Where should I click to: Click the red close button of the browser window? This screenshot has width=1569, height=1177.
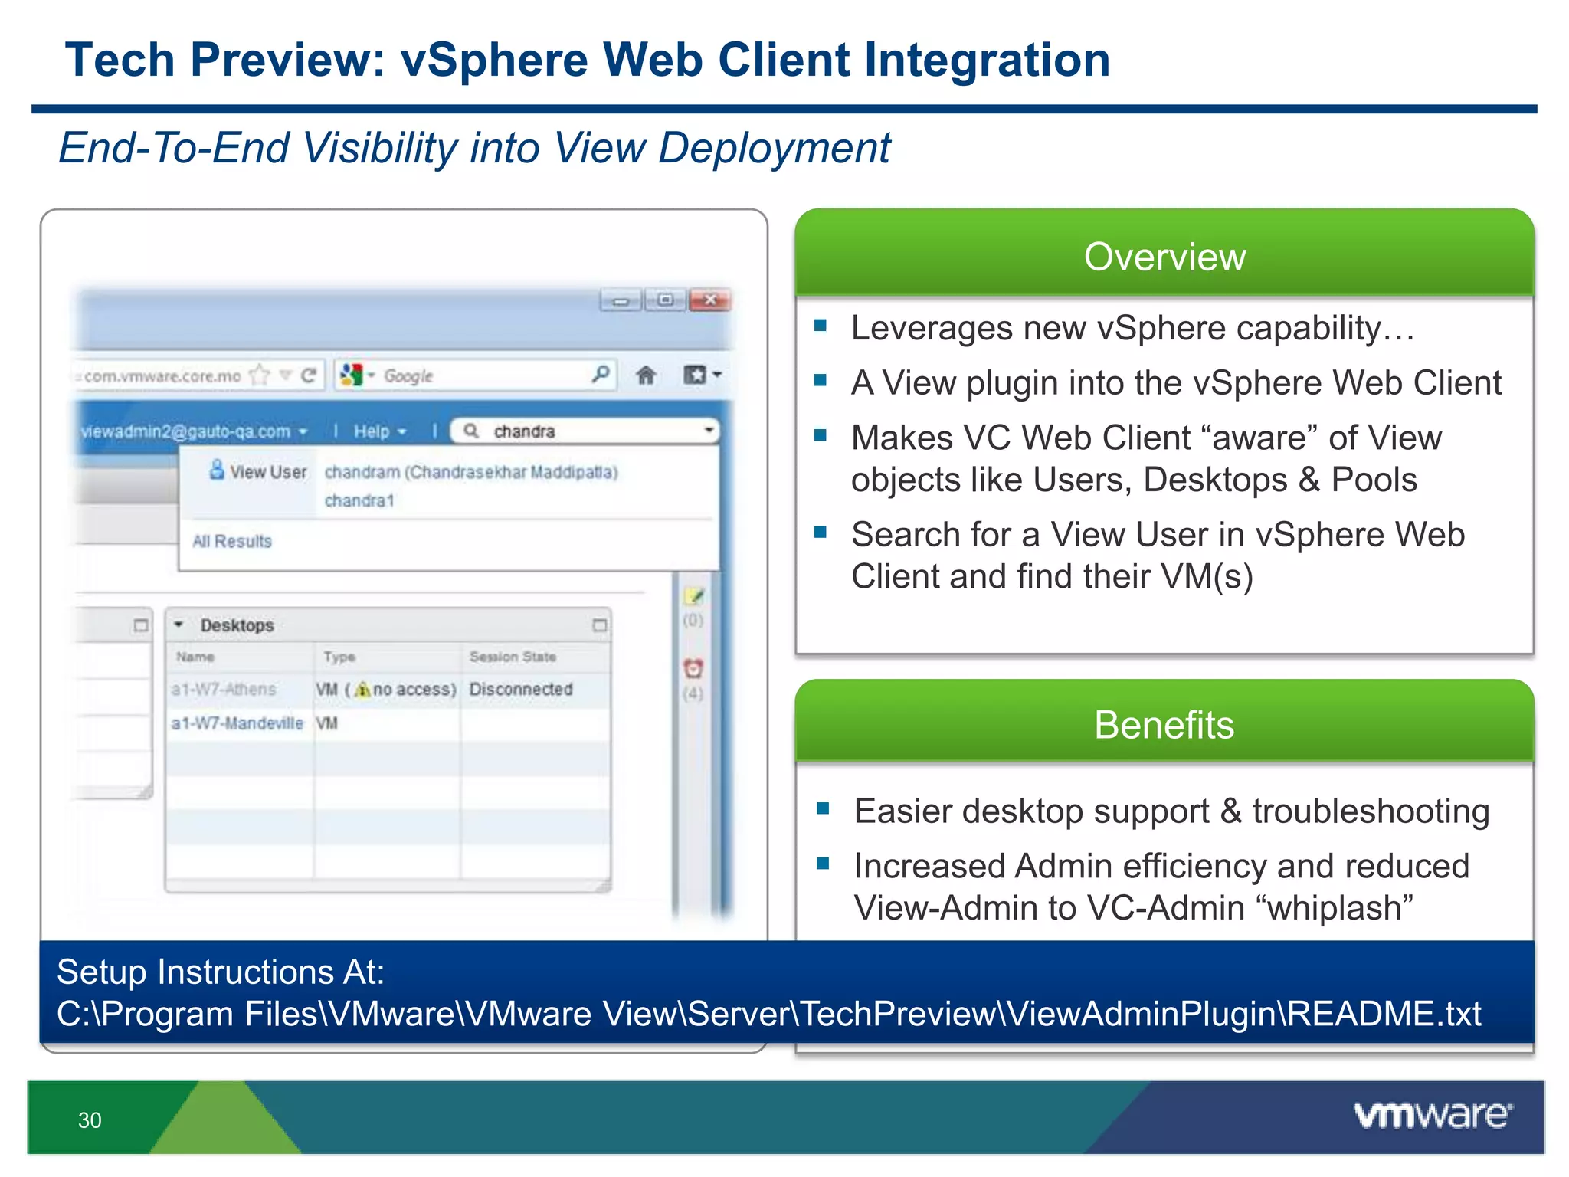pos(709,300)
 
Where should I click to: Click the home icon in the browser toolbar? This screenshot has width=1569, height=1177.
pos(646,375)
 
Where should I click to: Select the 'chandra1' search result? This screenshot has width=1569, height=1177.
pos(359,500)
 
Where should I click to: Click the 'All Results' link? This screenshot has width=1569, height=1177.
pos(232,541)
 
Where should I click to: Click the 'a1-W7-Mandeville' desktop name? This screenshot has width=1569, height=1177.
pos(237,723)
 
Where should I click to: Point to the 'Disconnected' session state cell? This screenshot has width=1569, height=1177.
pos(521,689)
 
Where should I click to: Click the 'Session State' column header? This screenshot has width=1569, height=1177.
pos(513,657)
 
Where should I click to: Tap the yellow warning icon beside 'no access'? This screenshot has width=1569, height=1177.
pos(363,690)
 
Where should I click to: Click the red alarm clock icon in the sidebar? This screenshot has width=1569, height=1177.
pos(693,668)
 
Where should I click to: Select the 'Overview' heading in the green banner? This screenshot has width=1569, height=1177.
pos(1164,257)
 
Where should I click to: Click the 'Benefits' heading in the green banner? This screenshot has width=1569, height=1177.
pos(1164,725)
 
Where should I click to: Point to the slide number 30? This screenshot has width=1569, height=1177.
pos(90,1120)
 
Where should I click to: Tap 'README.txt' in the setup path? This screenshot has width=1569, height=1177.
pos(1384,1014)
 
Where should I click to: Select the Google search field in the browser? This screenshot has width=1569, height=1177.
pos(483,375)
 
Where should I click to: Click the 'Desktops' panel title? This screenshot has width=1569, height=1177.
pos(237,625)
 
